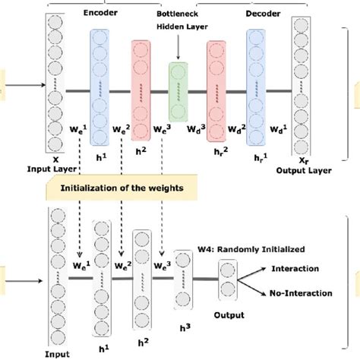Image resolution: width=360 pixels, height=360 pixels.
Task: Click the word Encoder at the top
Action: [111, 13]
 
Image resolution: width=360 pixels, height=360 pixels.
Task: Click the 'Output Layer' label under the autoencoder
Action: [308, 170]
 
